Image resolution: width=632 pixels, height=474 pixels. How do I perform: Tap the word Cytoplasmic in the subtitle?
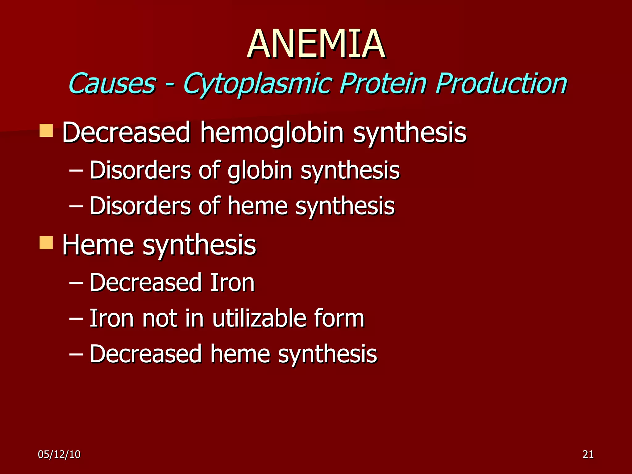click(258, 84)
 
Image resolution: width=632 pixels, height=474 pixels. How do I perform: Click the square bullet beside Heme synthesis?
click(46, 243)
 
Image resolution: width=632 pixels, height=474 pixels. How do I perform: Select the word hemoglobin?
click(272, 133)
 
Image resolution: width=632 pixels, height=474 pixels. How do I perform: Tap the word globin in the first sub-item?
click(260, 171)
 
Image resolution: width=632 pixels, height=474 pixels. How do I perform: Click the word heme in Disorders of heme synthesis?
click(257, 206)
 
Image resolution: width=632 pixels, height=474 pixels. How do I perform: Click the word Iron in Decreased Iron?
click(232, 282)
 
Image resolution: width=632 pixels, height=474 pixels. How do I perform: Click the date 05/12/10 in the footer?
click(59, 455)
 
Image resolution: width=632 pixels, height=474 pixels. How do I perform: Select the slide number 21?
click(588, 455)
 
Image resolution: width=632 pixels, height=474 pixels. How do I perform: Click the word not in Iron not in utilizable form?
click(159, 319)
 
